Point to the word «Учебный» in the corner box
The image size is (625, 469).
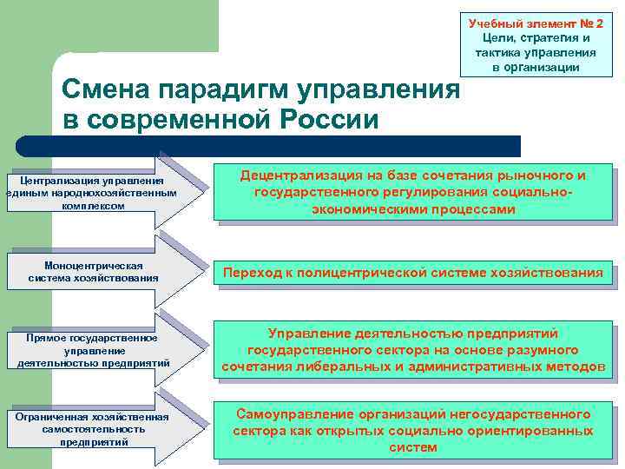pyautogui.click(x=499, y=23)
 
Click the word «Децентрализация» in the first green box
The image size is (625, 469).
pyautogui.click(x=295, y=175)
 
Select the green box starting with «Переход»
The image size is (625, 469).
pyautogui.click(x=413, y=273)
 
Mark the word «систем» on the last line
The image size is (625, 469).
pyautogui.click(x=413, y=448)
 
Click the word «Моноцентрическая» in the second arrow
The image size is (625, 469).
pyautogui.click(x=93, y=265)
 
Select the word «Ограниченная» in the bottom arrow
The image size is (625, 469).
pyautogui.click(x=52, y=417)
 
